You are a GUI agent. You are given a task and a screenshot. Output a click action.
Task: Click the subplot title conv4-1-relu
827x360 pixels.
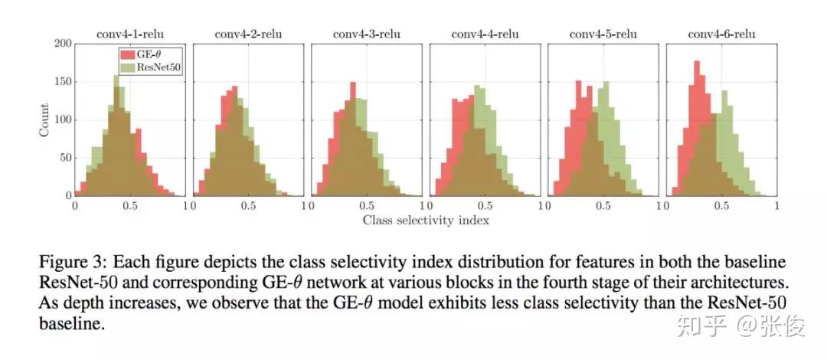[129, 34]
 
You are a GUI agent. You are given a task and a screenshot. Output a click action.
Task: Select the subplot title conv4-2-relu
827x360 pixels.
[248, 34]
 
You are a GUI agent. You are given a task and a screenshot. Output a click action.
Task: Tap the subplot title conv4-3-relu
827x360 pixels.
[366, 34]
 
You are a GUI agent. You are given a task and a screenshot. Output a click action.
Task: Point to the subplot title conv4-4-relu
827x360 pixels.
[485, 34]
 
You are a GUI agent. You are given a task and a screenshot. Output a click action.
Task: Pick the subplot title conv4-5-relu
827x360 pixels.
[603, 34]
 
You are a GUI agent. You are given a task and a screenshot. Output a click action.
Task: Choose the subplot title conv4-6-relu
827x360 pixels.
[721, 34]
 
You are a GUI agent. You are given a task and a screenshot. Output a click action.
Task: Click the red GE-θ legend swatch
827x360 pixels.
[126, 54]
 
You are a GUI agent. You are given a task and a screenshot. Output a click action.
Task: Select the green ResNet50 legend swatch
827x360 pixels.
[126, 67]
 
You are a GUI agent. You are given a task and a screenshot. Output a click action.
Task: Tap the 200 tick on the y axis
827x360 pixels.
[63, 44]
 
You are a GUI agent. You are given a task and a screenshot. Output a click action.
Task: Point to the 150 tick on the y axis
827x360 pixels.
[63, 82]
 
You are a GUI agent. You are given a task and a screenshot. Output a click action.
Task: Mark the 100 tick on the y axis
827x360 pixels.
[63, 119]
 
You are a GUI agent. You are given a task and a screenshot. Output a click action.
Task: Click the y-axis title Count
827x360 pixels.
[44, 119]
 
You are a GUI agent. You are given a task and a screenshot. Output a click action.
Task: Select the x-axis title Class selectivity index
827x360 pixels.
[426, 221]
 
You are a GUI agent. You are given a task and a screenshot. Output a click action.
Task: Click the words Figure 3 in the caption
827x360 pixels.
[70, 263]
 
